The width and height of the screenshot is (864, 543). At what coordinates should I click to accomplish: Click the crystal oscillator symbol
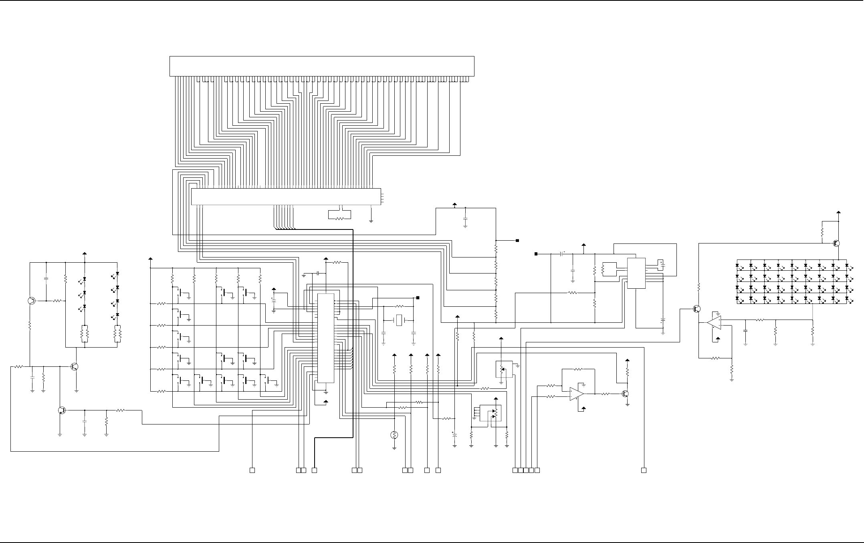coord(398,320)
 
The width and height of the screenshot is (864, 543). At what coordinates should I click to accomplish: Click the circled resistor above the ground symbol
coord(394,435)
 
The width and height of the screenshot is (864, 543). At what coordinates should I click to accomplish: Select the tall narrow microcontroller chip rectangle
coord(325,338)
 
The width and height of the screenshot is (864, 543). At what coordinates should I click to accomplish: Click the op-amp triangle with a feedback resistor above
coord(577,394)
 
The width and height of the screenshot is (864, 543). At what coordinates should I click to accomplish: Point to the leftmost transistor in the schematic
coord(32,301)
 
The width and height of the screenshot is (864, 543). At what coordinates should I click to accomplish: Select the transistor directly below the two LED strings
coord(75,366)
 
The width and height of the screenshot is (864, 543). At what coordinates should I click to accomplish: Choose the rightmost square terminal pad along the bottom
coord(644,470)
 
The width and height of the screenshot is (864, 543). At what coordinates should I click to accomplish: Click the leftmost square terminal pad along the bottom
coord(252,470)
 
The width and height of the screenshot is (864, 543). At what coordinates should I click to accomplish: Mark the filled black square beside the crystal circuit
coord(418,298)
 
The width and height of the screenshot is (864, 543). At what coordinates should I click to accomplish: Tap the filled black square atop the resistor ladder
coord(517,241)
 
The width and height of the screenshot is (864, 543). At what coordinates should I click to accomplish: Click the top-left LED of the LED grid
coord(738,265)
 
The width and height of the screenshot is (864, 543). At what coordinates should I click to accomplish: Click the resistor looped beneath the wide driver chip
coord(339,219)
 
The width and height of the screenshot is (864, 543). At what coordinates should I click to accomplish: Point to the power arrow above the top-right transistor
coord(838,212)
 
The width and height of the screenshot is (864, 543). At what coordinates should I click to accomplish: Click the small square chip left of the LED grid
coord(636,273)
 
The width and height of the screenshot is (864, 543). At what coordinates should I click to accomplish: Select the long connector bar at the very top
coord(322,66)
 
